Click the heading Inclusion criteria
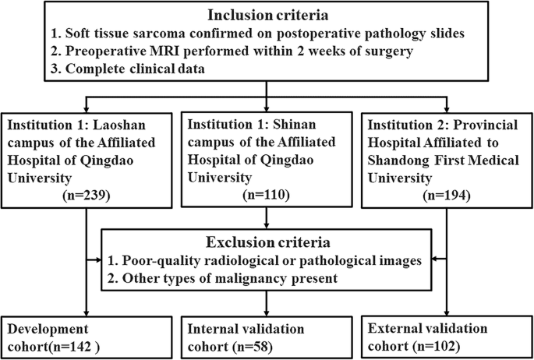coord(267,16)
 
